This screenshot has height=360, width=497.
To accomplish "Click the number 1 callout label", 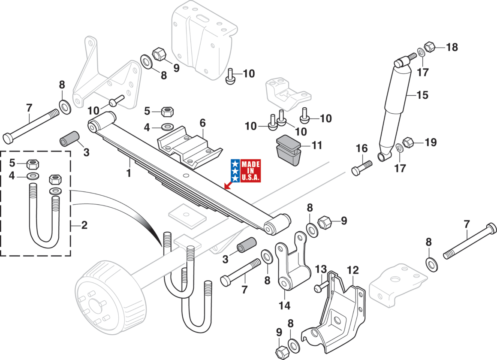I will (x=129, y=173).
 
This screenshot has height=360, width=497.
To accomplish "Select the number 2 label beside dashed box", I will (x=84, y=224).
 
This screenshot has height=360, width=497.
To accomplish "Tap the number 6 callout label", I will (x=202, y=123).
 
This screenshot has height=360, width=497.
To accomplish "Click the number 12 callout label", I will (x=352, y=270).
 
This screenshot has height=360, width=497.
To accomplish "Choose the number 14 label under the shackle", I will (x=284, y=306).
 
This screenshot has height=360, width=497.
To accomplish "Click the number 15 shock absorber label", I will (x=422, y=95).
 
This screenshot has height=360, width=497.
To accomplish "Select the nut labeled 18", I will (x=429, y=46).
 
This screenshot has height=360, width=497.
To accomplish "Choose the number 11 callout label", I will (x=316, y=145).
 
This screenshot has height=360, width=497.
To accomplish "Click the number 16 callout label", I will (x=361, y=149).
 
